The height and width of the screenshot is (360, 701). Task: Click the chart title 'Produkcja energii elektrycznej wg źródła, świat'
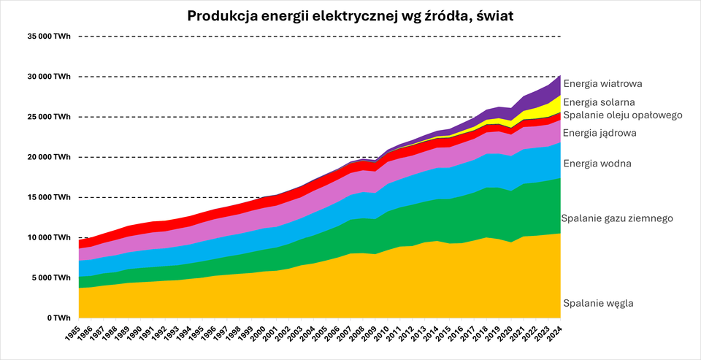(350, 16)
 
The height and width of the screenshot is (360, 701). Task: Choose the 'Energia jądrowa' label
(600, 133)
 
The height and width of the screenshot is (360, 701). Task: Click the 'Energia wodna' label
(597, 164)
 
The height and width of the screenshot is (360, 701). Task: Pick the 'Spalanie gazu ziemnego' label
(616, 218)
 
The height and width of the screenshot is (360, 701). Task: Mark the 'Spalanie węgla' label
(598, 303)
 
